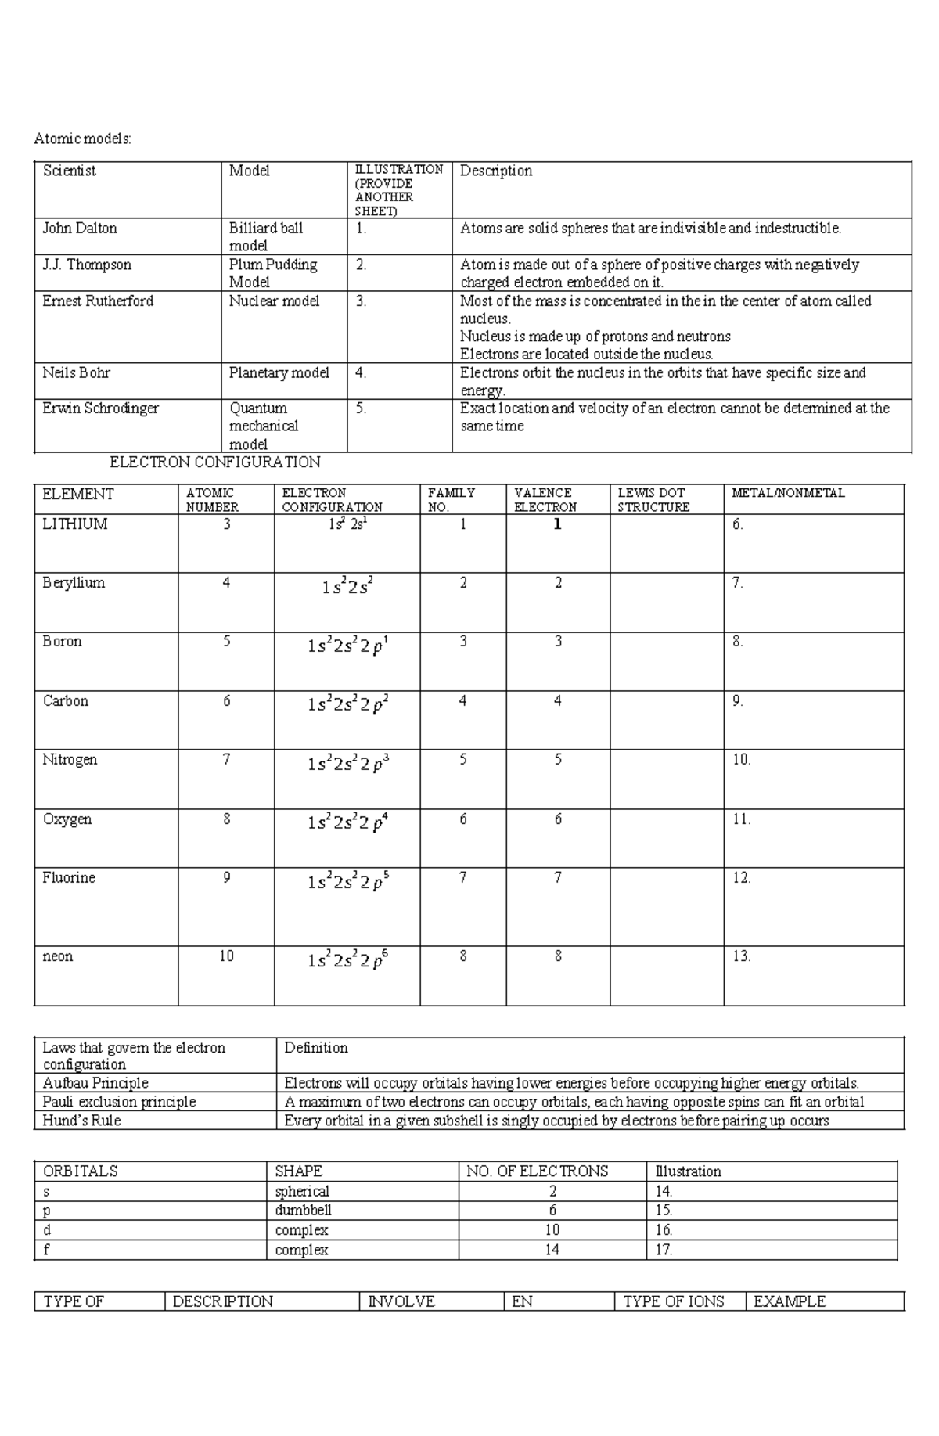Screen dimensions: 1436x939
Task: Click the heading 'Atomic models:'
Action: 82,139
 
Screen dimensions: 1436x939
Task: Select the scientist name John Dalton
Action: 80,229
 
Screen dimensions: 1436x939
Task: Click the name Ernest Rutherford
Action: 98,301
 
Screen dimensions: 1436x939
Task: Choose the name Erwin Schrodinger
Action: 100,408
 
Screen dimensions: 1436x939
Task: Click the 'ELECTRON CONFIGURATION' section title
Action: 215,462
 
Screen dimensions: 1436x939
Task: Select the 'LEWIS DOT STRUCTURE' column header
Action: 653,500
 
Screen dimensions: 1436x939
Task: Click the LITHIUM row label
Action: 75,524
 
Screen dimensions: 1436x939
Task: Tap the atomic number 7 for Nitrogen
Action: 226,760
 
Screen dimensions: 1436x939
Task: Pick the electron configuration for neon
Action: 347,960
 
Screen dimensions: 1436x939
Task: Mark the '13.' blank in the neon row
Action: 741,956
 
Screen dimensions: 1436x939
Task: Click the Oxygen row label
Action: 67,819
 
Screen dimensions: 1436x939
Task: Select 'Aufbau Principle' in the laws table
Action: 95,1083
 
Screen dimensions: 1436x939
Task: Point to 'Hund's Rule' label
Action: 81,1121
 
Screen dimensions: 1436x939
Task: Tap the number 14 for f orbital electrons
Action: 552,1250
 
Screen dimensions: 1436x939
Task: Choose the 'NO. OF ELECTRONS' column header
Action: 537,1171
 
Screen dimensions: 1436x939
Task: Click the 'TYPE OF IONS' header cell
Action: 674,1301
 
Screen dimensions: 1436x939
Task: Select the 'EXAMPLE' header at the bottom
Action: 790,1301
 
